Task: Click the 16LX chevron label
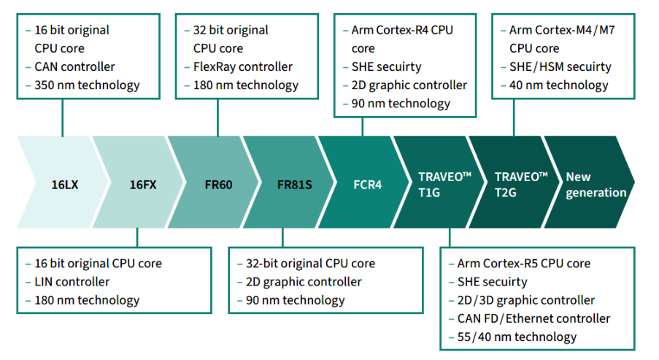tap(65, 185)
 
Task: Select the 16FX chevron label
tap(143, 185)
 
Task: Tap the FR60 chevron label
tap(218, 185)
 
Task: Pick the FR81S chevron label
tap(294, 185)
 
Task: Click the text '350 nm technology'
tap(87, 85)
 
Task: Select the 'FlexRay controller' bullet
tap(242, 67)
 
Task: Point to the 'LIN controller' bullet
tap(72, 282)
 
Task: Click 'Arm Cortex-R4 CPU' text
tap(402, 31)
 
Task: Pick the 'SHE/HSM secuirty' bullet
tap(560, 67)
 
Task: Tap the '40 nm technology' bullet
tap(558, 85)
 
